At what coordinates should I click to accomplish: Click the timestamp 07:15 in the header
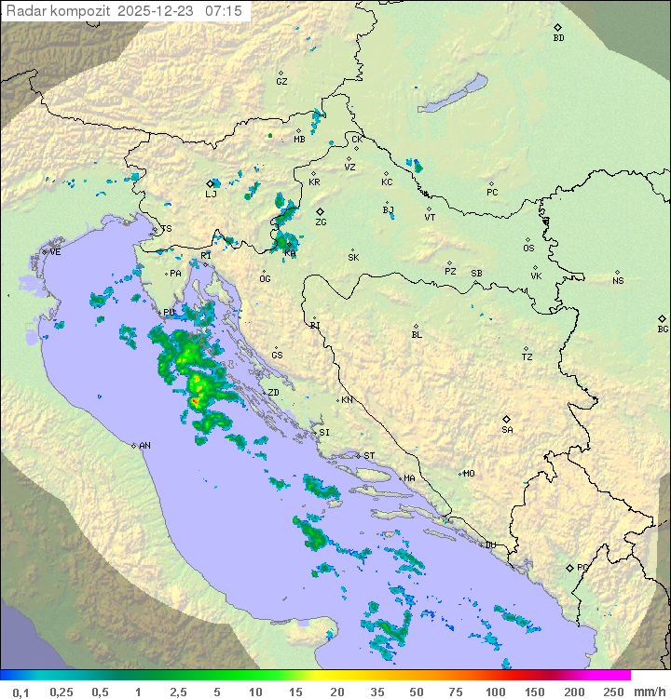click(225, 10)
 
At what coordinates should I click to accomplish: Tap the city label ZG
click(321, 222)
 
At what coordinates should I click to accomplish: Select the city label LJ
click(211, 194)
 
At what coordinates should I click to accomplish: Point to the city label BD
click(558, 38)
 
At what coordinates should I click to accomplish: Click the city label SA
click(507, 429)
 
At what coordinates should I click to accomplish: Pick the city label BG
click(663, 329)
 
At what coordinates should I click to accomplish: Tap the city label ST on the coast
click(369, 456)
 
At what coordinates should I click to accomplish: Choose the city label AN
click(144, 446)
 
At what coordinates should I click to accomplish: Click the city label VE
click(55, 252)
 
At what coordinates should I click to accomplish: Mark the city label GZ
click(281, 81)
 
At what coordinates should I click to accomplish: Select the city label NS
click(618, 280)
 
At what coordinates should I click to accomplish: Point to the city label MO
click(469, 473)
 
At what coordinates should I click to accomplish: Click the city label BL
click(417, 334)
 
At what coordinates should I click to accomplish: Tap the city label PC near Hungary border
click(492, 193)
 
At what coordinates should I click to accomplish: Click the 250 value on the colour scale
click(613, 692)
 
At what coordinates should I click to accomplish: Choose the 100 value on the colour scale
click(495, 692)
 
